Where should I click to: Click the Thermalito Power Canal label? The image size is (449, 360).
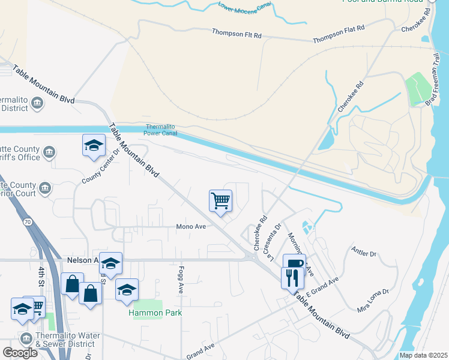[163, 130]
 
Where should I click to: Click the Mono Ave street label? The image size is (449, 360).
[191, 227]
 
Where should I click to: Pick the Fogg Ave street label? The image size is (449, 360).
[180, 280]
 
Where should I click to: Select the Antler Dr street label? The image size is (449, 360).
[364, 254]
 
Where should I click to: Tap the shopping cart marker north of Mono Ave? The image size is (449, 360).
[221, 201]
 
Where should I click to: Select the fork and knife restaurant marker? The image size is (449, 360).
[292, 278]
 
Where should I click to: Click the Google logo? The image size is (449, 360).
[20, 352]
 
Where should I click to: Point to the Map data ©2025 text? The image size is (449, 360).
[423, 355]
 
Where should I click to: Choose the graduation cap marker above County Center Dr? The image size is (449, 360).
[94, 145]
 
